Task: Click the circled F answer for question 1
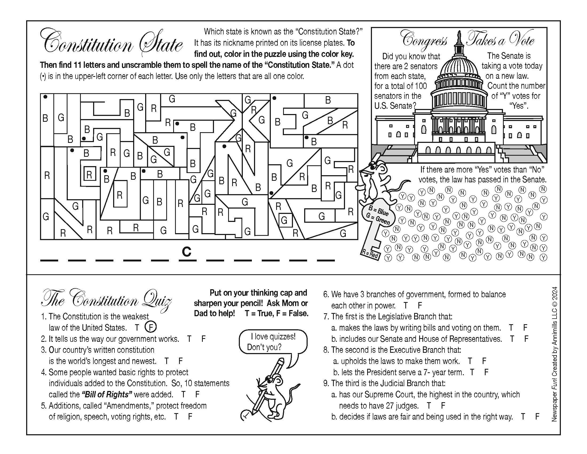[150, 327]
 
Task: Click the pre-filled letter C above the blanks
[187, 252]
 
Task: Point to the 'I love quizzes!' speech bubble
[272, 342]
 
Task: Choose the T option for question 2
[189, 339]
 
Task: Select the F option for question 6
[420, 305]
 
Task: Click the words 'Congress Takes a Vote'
[468, 40]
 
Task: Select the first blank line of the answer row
[49, 260]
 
